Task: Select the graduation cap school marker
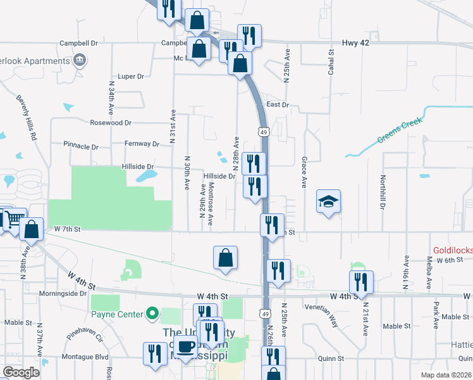point(328,201)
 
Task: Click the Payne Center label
point(118,313)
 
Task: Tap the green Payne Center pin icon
point(152,313)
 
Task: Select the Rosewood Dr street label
point(111,122)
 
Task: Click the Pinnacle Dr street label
point(81,146)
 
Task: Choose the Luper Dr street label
point(131,76)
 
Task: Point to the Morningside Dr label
point(63,293)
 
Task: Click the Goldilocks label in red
point(453,251)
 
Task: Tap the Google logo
point(21,372)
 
